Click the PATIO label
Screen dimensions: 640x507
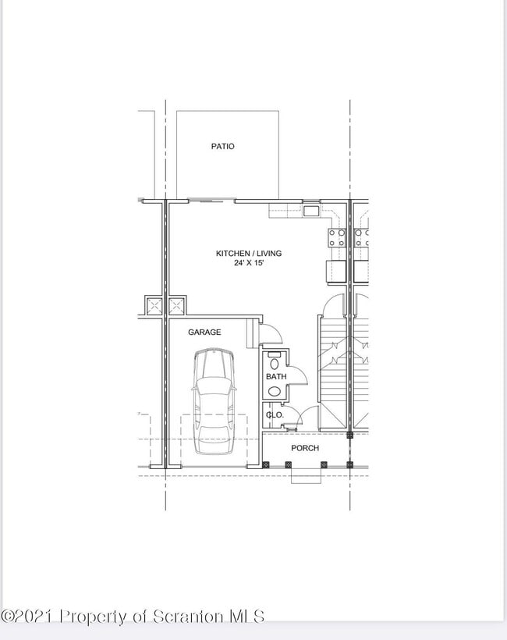pyautogui.click(x=222, y=147)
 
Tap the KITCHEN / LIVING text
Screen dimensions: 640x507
pyautogui.click(x=248, y=254)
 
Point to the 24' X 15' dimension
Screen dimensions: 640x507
pyautogui.click(x=248, y=264)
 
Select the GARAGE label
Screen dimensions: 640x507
pyautogui.click(x=204, y=332)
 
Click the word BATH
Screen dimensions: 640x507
pyautogui.click(x=276, y=377)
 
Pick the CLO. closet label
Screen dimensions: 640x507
pyautogui.click(x=275, y=415)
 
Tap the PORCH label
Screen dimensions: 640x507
pyautogui.click(x=304, y=448)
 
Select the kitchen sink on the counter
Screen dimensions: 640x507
pyautogui.click(x=311, y=211)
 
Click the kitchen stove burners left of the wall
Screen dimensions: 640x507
pyautogui.click(x=337, y=237)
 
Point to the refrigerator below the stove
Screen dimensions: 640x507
pyautogui.click(x=336, y=271)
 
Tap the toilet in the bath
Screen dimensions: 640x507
pyautogui.click(x=274, y=361)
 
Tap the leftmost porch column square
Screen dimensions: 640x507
pyautogui.click(x=267, y=465)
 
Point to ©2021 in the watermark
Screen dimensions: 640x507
pyautogui.click(x=28, y=617)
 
